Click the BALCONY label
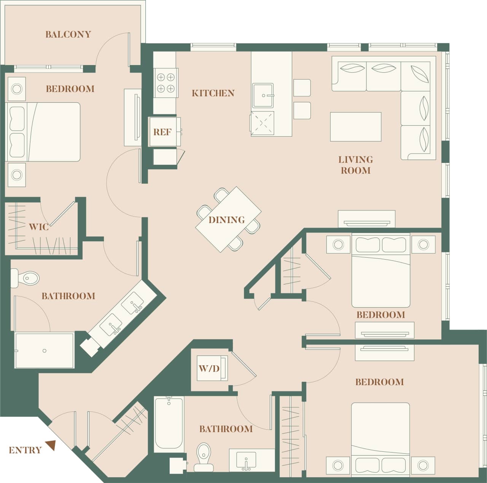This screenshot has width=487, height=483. pos(68,34)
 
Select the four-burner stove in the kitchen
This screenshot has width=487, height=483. pos(166,83)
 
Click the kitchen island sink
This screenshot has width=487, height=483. pos(263,95)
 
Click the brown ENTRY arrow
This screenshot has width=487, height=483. pos(51,445)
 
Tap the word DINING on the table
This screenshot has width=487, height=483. pos(226,220)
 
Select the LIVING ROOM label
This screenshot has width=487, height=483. pos(355,165)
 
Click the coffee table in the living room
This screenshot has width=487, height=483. pos(355,127)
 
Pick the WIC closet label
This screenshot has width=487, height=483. pos(39,227)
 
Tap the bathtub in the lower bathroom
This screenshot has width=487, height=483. pos(169,423)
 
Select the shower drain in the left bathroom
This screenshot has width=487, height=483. pos(45,351)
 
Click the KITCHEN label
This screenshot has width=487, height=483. pos(213,93)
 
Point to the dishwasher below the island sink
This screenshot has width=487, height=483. pos(262,123)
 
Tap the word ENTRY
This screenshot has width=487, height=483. pos(25,450)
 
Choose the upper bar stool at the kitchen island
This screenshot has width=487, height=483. pos(302,88)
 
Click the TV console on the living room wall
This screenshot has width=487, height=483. pos(367,220)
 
